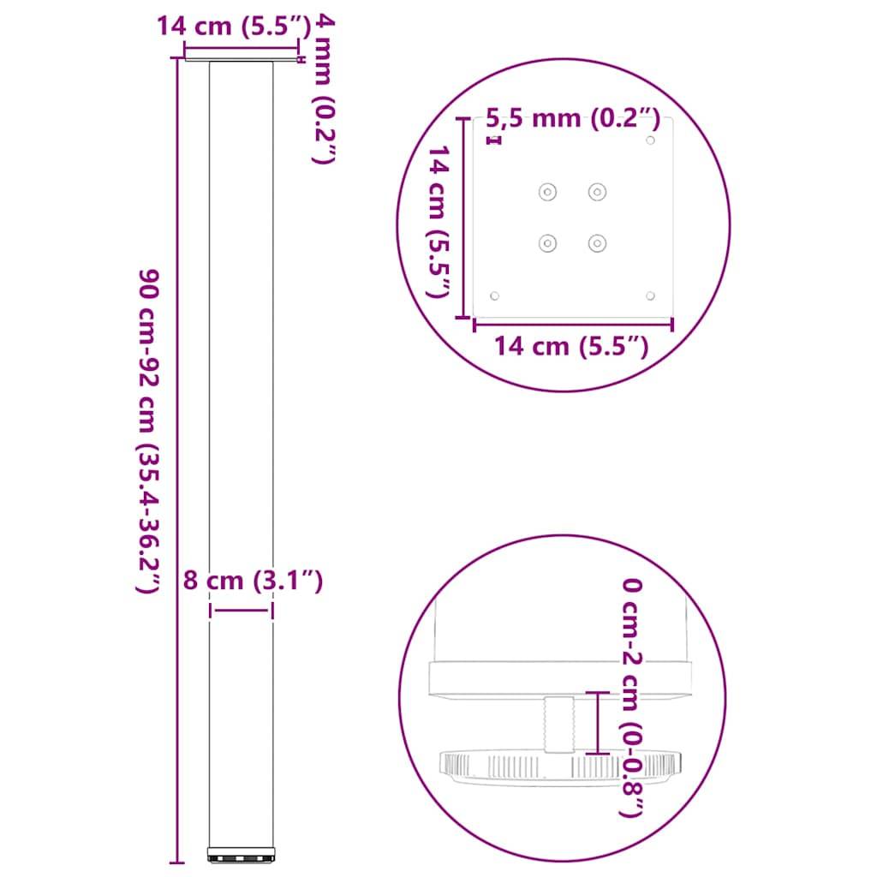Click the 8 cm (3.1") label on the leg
pyautogui.click(x=253, y=582)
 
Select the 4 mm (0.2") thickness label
pyautogui.click(x=319, y=89)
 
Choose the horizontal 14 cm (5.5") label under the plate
pyautogui.click(x=570, y=346)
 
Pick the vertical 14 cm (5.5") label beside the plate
pyautogui.click(x=438, y=222)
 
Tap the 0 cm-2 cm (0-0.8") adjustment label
pyautogui.click(x=631, y=698)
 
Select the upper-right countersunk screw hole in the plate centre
pyautogui.click(x=597, y=192)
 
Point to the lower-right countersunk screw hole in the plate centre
pyautogui.click(x=597, y=244)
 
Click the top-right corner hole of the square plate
pyautogui.click(x=651, y=140)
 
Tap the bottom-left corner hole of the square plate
pyautogui.click(x=494, y=295)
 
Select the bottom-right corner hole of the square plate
pyautogui.click(x=651, y=295)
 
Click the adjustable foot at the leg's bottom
pyautogui.click(x=242, y=855)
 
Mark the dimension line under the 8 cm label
pyautogui.click(x=242, y=610)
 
